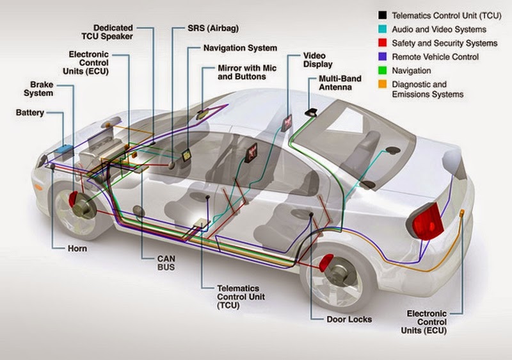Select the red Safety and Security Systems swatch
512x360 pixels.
382,44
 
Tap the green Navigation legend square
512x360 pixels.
382,71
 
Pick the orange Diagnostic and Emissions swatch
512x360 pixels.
382,85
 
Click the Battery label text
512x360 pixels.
30,113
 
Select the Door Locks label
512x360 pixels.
349,318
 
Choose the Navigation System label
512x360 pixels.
240,48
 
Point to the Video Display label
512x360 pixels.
318,60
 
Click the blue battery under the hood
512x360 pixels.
64,150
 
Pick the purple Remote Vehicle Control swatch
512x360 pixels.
382,57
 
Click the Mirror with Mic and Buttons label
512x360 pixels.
242,72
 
